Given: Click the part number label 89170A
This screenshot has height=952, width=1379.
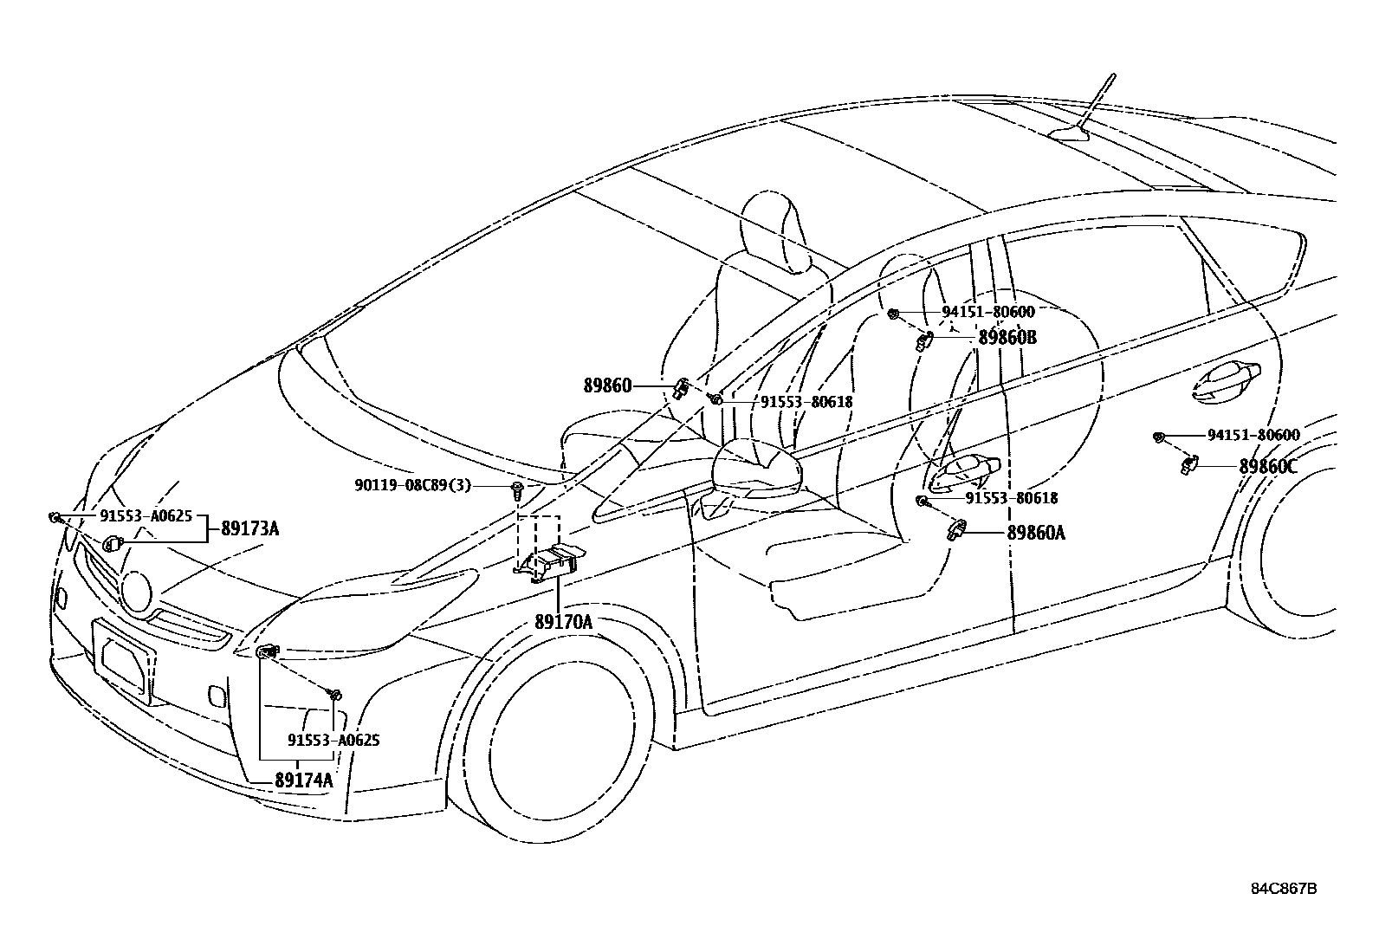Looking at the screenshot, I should (563, 622).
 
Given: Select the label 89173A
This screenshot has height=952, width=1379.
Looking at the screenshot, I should (249, 528).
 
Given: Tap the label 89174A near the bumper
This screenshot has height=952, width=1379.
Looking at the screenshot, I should (303, 780).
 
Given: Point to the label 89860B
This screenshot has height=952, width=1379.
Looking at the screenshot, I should (1007, 338).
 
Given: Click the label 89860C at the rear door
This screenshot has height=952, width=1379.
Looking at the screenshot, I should (1267, 466).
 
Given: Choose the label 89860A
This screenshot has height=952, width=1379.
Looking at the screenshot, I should (1035, 534).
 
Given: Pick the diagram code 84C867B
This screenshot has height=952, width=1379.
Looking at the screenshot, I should (1284, 889).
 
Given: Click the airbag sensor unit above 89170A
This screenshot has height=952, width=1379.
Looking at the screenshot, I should (551, 564).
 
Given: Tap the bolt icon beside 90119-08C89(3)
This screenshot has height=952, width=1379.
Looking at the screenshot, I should (517, 490).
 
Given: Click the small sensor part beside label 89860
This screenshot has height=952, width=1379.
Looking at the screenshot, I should (681, 387).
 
